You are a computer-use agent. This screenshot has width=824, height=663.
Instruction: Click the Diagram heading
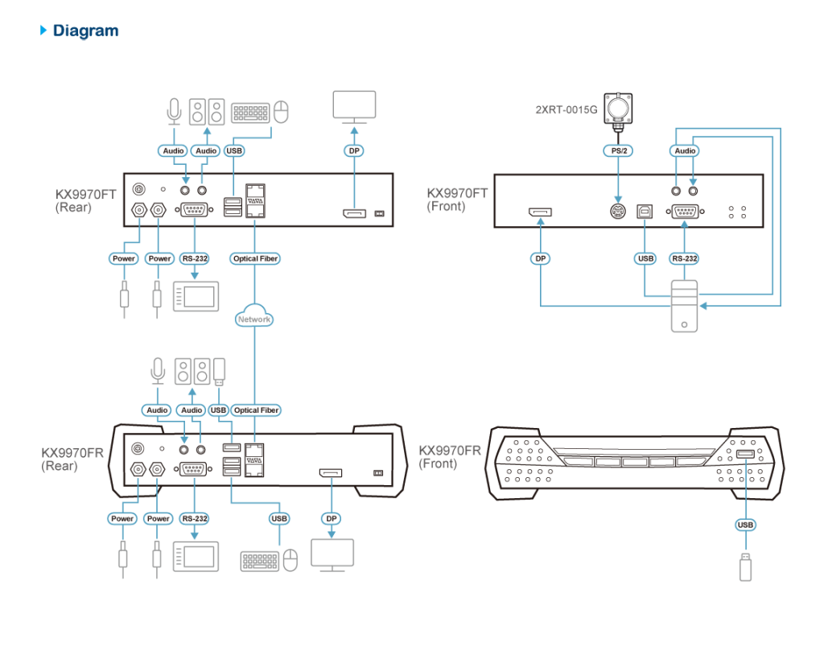85,31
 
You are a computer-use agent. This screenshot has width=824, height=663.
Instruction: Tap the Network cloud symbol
254,318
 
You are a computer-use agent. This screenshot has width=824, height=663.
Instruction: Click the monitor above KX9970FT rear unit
354,106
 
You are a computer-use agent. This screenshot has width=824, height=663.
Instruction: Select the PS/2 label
617,150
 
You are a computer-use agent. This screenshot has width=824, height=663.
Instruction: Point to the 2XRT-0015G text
566,109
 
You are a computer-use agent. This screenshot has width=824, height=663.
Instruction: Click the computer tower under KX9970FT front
685,306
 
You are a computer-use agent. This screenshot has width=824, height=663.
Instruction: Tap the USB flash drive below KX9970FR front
745,566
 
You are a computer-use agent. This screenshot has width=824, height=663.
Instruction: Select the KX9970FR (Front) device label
449,457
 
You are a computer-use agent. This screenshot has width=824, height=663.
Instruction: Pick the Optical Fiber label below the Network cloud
256,410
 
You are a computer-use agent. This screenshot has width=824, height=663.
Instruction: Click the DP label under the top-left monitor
354,150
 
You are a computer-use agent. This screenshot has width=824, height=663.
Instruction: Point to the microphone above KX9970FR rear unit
158,369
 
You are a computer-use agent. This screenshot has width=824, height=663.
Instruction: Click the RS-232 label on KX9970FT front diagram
684,258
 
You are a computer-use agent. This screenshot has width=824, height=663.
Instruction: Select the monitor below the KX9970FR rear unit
332,554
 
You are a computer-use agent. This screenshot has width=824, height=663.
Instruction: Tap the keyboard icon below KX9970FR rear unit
259,560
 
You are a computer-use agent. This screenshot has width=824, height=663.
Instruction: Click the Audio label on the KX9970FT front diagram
685,150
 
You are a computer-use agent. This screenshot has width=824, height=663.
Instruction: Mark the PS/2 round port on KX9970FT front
617,211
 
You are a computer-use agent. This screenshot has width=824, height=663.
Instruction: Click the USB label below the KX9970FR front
745,525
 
